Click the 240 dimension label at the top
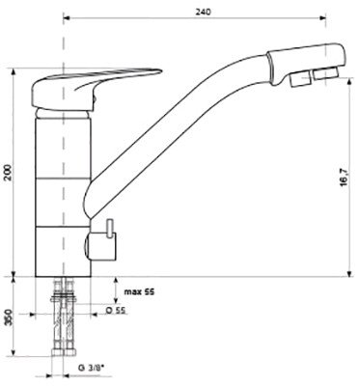(x=203, y=12)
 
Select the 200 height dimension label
(x=11, y=173)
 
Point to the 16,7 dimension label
(x=344, y=178)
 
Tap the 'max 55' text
(x=139, y=292)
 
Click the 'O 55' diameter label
(x=116, y=310)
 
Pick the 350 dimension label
(x=11, y=317)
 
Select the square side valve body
(x=102, y=247)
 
